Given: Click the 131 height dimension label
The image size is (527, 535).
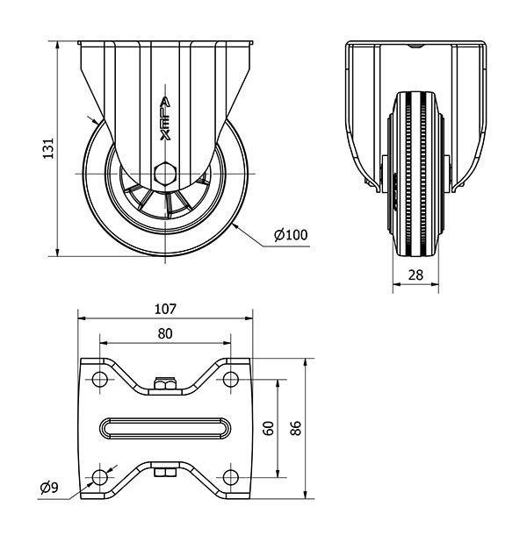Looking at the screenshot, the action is tap(48, 148).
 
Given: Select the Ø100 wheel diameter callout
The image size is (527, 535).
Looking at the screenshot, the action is tap(291, 235).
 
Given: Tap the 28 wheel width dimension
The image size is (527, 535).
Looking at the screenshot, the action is tap(415, 275).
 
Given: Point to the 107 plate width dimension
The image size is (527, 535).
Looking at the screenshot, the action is tap(165, 309).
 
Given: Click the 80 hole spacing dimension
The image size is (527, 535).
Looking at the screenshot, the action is tap(165, 333).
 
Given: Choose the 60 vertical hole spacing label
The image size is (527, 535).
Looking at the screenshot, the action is tap(269, 428).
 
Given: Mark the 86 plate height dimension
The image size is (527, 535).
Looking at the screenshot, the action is tap(296, 428).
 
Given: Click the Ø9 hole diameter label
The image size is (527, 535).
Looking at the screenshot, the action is tap(49, 488).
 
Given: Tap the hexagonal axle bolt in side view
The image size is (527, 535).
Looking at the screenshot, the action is tap(165, 174).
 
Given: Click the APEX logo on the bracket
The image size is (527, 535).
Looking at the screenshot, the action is tap(165, 118).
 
